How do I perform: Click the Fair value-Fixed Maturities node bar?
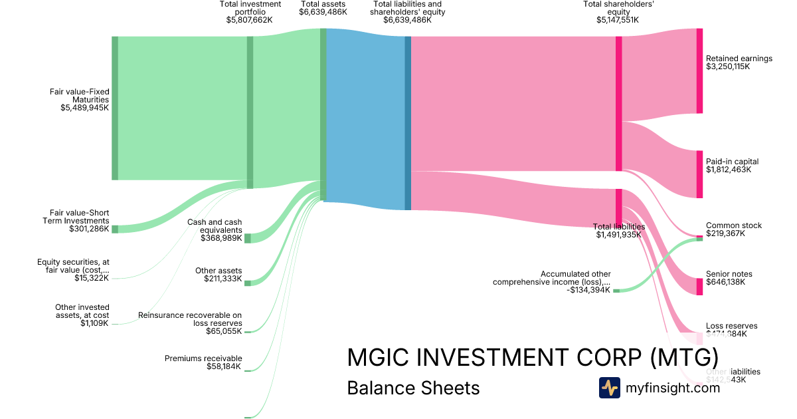coord(115,108)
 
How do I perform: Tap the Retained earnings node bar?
coord(699,70)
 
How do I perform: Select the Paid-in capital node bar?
coord(699,174)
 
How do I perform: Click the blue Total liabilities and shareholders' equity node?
coord(408,123)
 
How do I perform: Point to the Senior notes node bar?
coord(699,286)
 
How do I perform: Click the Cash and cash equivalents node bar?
coord(248,238)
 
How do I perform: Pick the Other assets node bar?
coord(248,283)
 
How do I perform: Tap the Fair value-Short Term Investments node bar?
coord(115,229)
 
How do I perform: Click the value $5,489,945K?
coord(84,108)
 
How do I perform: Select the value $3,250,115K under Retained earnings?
coord(727,67)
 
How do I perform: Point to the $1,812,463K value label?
coord(728,170)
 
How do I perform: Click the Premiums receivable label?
coord(203,358)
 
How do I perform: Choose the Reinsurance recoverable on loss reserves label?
coord(190,319)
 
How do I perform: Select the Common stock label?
coord(733,225)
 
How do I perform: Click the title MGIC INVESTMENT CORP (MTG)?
coord(533,357)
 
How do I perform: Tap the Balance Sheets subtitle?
coord(413,388)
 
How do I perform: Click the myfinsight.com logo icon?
coord(609,388)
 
